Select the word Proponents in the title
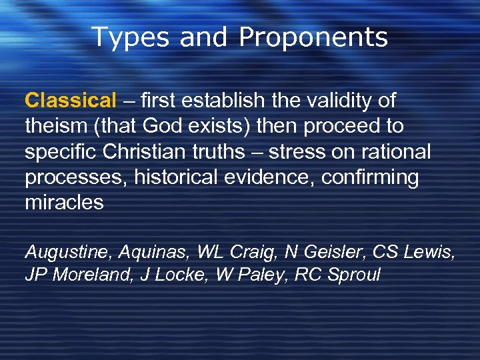point(313,38)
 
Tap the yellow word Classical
point(70,101)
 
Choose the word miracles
point(64,203)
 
